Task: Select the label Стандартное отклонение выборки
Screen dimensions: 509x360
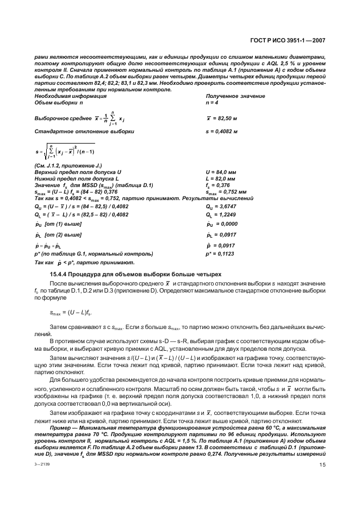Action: tap(84, 132)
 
